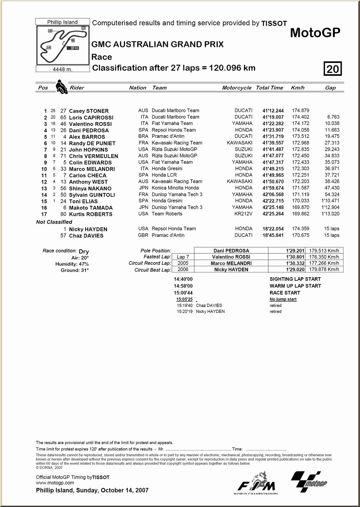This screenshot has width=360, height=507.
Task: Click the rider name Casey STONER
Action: pyautogui.click(x=89, y=111)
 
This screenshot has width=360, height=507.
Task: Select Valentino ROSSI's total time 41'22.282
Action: pyautogui.click(x=273, y=124)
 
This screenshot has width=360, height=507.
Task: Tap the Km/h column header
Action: pyautogui.click(x=298, y=88)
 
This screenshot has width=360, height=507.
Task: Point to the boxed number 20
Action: pyautogui.click(x=332, y=69)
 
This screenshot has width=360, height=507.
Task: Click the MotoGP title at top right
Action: pyautogui.click(x=315, y=33)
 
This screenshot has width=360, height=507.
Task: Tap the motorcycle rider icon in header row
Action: pyautogui.click(x=61, y=87)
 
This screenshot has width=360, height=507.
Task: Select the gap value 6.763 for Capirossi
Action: pyautogui.click(x=333, y=117)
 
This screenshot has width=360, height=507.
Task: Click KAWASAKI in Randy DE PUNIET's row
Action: pyautogui.click(x=240, y=143)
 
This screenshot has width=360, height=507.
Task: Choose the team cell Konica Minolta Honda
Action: pyautogui.click(x=175, y=188)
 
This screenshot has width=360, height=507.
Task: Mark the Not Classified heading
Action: pyautogui.click(x=54, y=222)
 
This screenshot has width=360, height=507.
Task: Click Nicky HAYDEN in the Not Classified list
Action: pyautogui.click(x=88, y=229)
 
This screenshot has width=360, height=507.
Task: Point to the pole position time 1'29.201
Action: pyautogui.click(x=295, y=251)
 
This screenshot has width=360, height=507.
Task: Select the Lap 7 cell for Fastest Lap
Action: pyautogui.click(x=183, y=257)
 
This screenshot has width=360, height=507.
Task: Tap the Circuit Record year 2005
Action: pyautogui.click(x=183, y=263)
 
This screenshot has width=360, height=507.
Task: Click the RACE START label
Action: pyautogui.click(x=285, y=293)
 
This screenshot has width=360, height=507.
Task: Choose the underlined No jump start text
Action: pyautogui.click(x=283, y=299)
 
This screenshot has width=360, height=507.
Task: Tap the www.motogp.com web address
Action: pyautogui.click(x=55, y=483)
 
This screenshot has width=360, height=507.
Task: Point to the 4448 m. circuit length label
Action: pyautogui.click(x=62, y=69)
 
